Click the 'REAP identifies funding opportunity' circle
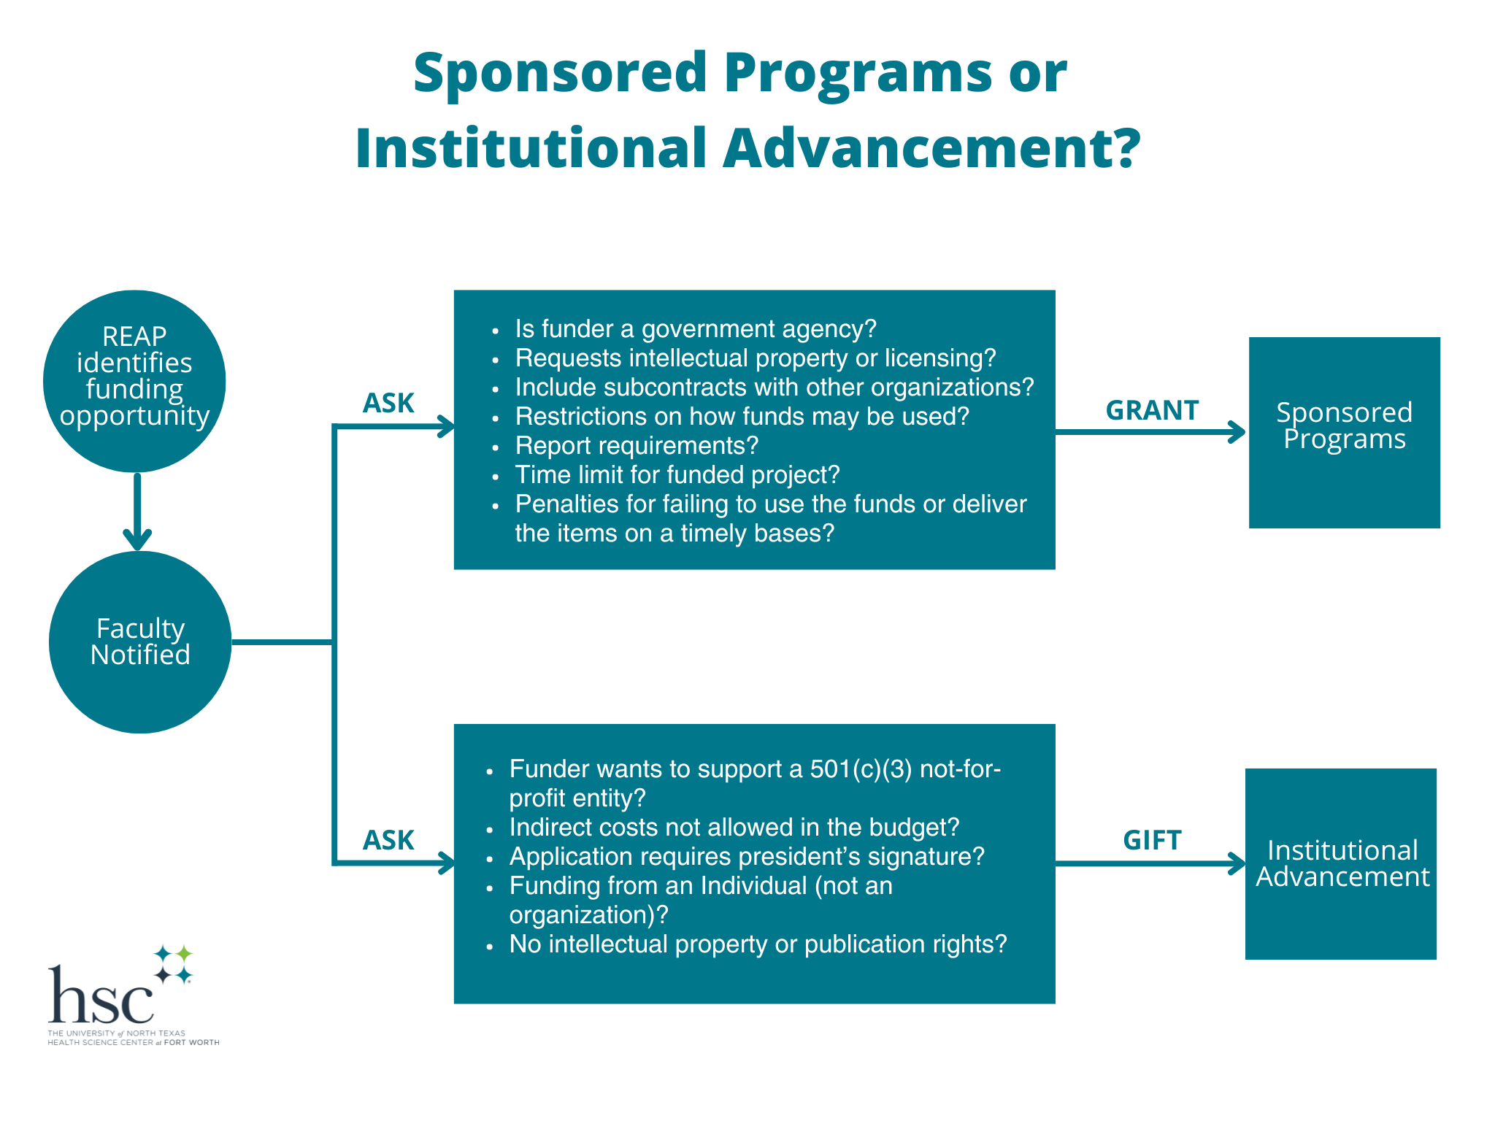134,381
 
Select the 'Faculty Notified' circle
140,642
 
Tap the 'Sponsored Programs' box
1344,432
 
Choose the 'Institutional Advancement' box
1341,863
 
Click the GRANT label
1152,410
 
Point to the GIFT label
1152,841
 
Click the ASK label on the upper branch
388,403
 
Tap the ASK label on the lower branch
388,841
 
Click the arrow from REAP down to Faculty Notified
137,511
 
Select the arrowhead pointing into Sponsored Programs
1237,432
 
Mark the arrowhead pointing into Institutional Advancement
1237,863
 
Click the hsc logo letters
101,995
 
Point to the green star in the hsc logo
184,953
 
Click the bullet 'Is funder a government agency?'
695,329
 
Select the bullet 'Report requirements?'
637,446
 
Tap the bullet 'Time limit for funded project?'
677,475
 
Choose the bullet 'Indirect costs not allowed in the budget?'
734,828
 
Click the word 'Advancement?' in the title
931,148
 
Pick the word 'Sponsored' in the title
561,73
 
